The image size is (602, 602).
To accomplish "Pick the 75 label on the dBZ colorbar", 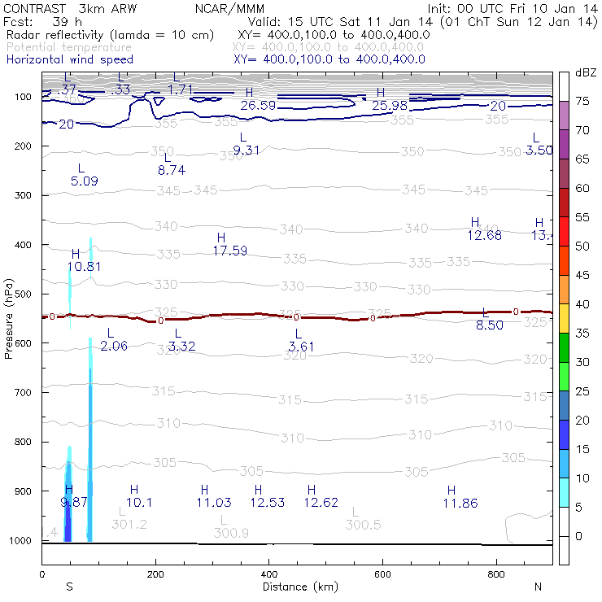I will (x=582, y=102).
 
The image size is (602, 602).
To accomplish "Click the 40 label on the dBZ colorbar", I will (x=582, y=303).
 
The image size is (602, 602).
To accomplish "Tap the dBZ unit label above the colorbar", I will (x=584, y=72).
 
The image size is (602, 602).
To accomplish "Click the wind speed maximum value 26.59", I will (x=258, y=105).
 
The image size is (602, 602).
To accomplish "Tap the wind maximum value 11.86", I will (x=460, y=503).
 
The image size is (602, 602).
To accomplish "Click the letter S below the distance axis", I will (x=70, y=587).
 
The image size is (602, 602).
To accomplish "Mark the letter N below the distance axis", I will (x=538, y=587).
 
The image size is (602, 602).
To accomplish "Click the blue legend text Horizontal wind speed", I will (x=70, y=59).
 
